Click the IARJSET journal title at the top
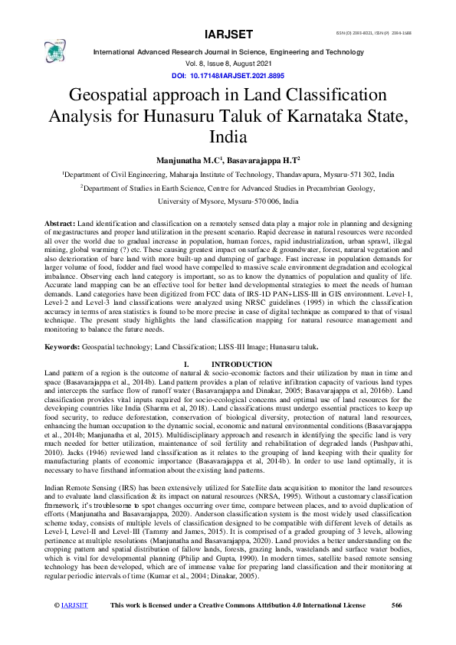pyautogui.click(x=228, y=34)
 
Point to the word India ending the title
pyautogui.click(x=228, y=137)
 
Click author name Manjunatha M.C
pyautogui.click(x=188, y=160)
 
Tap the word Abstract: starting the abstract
pyautogui.click(x=61, y=222)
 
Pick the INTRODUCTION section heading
pyautogui.click(x=241, y=364)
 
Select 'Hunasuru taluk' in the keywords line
pyautogui.click(x=290, y=346)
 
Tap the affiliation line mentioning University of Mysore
pyautogui.click(x=228, y=201)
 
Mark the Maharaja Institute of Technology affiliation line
pyautogui.click(x=228, y=175)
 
